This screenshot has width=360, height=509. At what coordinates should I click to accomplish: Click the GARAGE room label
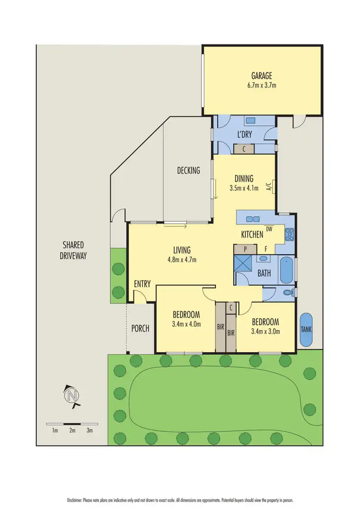point(262,76)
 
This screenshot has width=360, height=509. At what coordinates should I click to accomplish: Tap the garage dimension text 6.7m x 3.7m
point(262,85)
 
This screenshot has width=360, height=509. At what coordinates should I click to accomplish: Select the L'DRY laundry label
point(245,134)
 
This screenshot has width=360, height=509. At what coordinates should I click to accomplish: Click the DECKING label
point(188,170)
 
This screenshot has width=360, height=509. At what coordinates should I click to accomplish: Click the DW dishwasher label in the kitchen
point(269,229)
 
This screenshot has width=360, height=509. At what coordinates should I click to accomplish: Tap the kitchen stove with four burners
point(289,234)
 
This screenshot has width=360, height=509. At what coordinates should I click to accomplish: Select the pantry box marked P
point(245,249)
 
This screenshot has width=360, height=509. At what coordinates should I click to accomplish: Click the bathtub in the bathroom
point(287,271)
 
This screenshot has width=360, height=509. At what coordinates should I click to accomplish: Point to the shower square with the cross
point(243,264)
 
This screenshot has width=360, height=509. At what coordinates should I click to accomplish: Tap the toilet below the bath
point(288,292)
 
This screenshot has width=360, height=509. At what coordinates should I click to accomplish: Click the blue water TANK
point(306,330)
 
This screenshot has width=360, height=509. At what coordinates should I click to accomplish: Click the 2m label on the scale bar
point(72,431)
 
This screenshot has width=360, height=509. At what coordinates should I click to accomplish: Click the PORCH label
point(140,329)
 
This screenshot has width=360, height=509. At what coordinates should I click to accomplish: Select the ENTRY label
point(143,284)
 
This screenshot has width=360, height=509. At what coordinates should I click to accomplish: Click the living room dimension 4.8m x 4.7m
point(182,260)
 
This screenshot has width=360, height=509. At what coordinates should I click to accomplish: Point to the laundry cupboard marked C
point(244,149)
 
